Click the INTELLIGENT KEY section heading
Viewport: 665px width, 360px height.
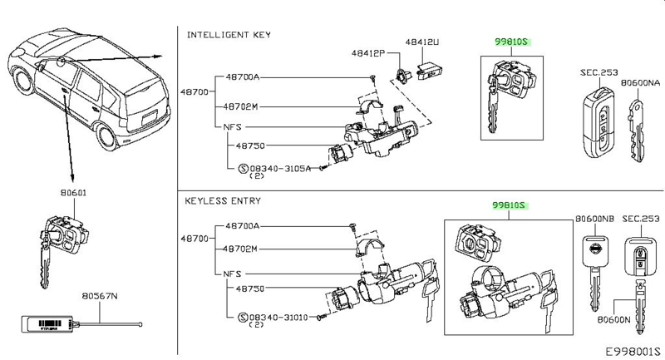(x=228, y=35)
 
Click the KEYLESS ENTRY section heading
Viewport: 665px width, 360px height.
(x=224, y=200)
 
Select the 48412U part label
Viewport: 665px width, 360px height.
(x=422, y=41)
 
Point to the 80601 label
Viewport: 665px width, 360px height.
(x=72, y=192)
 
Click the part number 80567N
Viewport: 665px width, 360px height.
(x=100, y=294)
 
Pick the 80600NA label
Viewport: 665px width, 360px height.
(x=643, y=83)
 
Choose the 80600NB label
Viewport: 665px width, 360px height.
(x=594, y=219)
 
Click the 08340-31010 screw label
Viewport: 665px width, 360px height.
(x=273, y=317)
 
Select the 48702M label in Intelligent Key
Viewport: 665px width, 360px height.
(x=242, y=106)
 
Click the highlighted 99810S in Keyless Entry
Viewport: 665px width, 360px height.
(x=510, y=205)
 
